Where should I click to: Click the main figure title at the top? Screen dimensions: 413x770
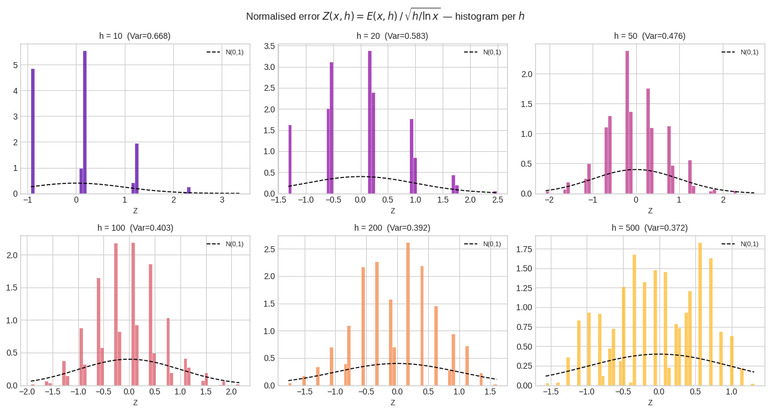click(x=385, y=16)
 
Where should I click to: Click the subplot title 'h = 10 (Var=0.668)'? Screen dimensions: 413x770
click(x=135, y=36)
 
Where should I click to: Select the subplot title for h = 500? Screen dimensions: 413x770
click(x=649, y=228)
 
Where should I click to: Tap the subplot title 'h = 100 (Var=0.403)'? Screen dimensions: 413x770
click(x=135, y=228)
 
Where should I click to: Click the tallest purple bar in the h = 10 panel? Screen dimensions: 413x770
click(x=85, y=122)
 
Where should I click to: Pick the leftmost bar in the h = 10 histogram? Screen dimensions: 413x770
click(x=33, y=131)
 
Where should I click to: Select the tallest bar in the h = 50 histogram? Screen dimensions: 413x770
click(x=627, y=122)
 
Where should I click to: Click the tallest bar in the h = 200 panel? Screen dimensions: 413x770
click(x=408, y=314)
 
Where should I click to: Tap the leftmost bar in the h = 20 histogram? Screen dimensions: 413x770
click(x=290, y=159)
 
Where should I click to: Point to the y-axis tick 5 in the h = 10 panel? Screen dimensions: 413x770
click(x=14, y=65)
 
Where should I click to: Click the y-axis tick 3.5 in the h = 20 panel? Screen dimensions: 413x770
click(x=269, y=46)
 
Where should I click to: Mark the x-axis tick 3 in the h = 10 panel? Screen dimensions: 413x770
click(x=222, y=200)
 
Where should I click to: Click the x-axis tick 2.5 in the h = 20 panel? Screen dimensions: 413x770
click(x=497, y=200)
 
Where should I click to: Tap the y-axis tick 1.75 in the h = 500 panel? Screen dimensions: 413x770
click(x=523, y=250)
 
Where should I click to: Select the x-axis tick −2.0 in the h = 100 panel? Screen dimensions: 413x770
click(x=26, y=392)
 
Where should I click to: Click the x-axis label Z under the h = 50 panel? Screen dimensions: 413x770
click(x=650, y=210)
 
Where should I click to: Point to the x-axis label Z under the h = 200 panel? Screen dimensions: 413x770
click(x=392, y=402)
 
